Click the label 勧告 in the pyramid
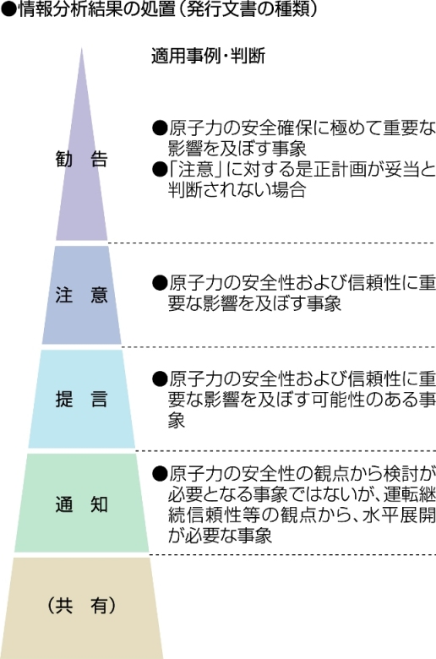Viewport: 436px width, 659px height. [82, 159]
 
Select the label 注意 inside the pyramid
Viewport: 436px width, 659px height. [82, 295]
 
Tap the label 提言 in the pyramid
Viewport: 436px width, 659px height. [82, 399]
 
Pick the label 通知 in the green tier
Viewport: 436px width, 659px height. [82, 504]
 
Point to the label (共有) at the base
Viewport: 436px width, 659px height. [82, 606]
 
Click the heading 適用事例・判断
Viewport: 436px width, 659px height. [208, 56]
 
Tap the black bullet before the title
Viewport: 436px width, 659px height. [9, 9]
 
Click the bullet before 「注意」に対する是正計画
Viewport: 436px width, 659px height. [160, 170]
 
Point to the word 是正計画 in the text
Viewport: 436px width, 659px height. [344, 169]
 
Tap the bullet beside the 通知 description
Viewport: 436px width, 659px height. [160, 475]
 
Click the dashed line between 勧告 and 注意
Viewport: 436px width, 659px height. [271, 243]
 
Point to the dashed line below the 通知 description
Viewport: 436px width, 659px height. [292, 555]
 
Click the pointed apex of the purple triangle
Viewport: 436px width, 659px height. [81, 48]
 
